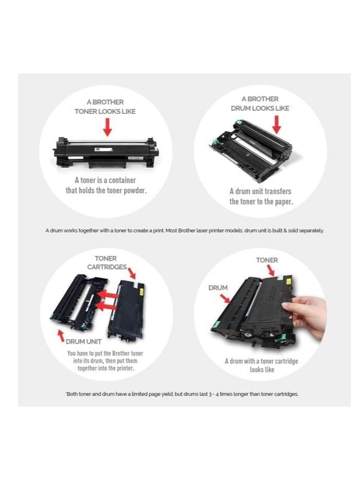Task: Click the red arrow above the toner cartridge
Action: coord(107,126)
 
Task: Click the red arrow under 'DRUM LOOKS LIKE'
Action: coord(277,124)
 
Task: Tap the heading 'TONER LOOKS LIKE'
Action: coord(105,111)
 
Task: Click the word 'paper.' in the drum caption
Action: coord(282,202)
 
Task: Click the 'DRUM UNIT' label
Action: coord(83,341)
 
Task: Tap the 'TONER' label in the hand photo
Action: coord(267,261)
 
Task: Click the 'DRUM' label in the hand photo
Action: coord(218,288)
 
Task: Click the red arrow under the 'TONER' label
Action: coord(271,271)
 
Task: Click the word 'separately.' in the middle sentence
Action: coord(309,231)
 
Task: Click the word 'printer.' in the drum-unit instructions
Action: coord(127,368)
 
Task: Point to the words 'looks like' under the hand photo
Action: coord(262,369)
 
